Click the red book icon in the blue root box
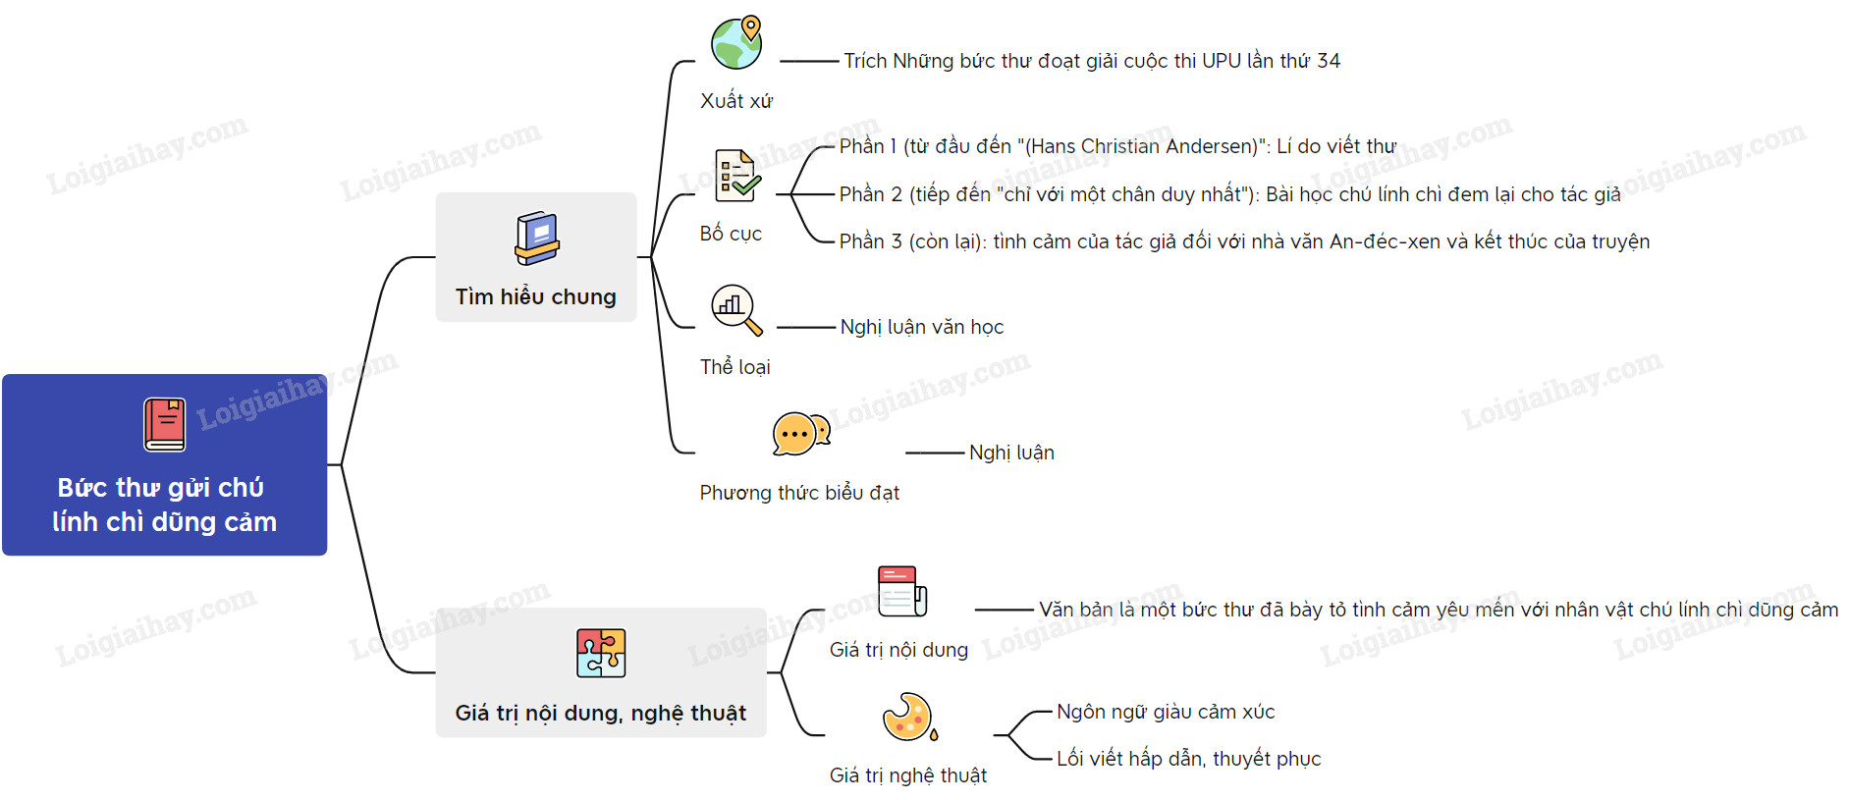click(165, 424)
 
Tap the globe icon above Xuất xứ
click(736, 43)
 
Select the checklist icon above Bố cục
click(736, 176)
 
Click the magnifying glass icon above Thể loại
click(735, 309)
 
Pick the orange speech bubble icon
click(800, 433)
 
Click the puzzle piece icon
click(600, 653)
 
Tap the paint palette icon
click(908, 717)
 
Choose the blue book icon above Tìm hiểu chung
click(536, 239)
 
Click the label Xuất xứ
click(736, 101)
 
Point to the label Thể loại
click(734, 367)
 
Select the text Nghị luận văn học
click(921, 327)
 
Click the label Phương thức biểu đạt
click(799, 493)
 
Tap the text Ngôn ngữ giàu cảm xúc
click(1166, 712)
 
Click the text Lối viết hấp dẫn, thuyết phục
click(1188, 759)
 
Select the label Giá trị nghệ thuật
click(908, 775)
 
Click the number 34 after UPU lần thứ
click(1329, 61)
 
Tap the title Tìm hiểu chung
click(536, 296)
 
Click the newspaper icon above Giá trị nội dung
click(901, 591)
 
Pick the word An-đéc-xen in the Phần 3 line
click(1377, 241)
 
